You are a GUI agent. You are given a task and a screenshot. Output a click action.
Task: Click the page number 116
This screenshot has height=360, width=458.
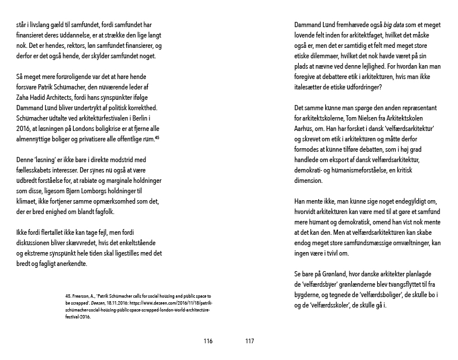click(x=208, y=341)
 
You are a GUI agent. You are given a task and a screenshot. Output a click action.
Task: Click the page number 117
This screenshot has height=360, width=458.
click(x=249, y=341)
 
